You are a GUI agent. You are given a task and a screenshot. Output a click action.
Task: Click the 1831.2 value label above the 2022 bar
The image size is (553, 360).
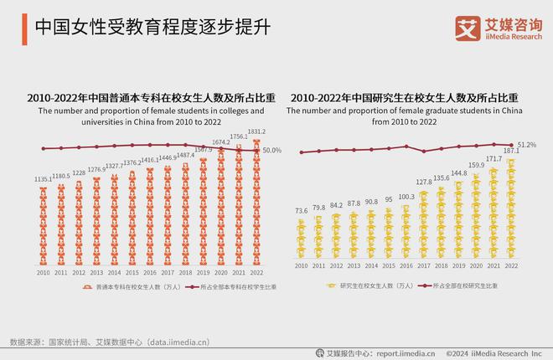[256, 131]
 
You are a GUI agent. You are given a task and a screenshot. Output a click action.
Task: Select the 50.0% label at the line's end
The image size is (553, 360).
[272, 151]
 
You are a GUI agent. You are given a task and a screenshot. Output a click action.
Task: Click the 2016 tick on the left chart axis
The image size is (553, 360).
[150, 273]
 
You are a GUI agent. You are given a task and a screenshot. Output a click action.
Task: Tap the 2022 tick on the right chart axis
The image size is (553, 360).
[510, 265]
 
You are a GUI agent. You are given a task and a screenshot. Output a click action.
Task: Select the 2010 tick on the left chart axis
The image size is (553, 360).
[44, 273]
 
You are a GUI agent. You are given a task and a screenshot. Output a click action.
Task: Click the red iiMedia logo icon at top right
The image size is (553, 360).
[468, 27]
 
